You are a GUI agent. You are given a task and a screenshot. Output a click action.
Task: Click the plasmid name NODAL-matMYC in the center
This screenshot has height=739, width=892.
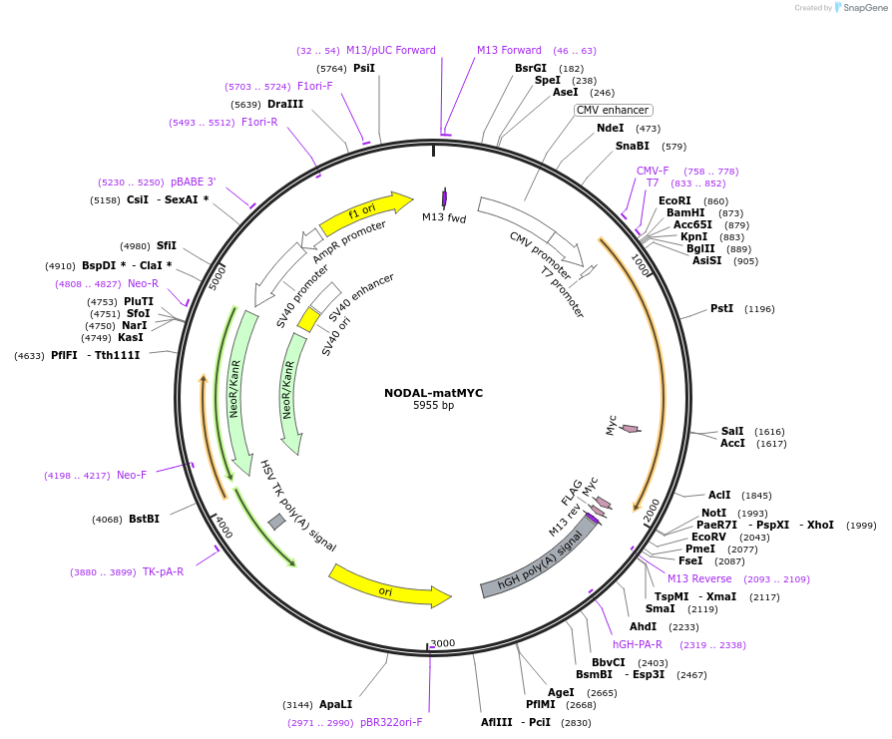coord(433,393)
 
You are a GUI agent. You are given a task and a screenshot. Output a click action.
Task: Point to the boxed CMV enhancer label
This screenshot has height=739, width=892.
coord(613,110)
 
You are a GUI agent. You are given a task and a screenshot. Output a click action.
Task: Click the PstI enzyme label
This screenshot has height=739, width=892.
coord(721,308)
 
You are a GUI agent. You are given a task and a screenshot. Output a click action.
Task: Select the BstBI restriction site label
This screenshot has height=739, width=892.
coord(144,519)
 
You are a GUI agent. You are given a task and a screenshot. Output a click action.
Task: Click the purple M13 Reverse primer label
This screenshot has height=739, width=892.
coord(699,578)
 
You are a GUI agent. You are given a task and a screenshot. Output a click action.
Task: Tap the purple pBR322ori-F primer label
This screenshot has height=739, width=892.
coord(391,722)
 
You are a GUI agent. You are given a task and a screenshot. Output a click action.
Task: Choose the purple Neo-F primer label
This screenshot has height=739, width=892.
coord(132,475)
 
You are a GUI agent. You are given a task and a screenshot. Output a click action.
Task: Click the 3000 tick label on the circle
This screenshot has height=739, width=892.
coord(443,643)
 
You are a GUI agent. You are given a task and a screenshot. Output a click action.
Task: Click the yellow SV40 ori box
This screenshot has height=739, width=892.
coord(308,319)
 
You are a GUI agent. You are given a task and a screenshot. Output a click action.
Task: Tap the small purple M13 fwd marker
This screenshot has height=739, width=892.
coord(444,198)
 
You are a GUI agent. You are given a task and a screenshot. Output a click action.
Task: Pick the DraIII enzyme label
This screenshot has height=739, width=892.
coord(285,104)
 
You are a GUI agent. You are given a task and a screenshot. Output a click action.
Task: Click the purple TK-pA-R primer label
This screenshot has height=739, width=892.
coord(163,571)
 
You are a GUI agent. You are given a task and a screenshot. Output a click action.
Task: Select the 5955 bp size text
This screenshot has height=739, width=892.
coord(433,406)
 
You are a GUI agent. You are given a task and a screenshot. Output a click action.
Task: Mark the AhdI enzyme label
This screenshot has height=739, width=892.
coord(643,626)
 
